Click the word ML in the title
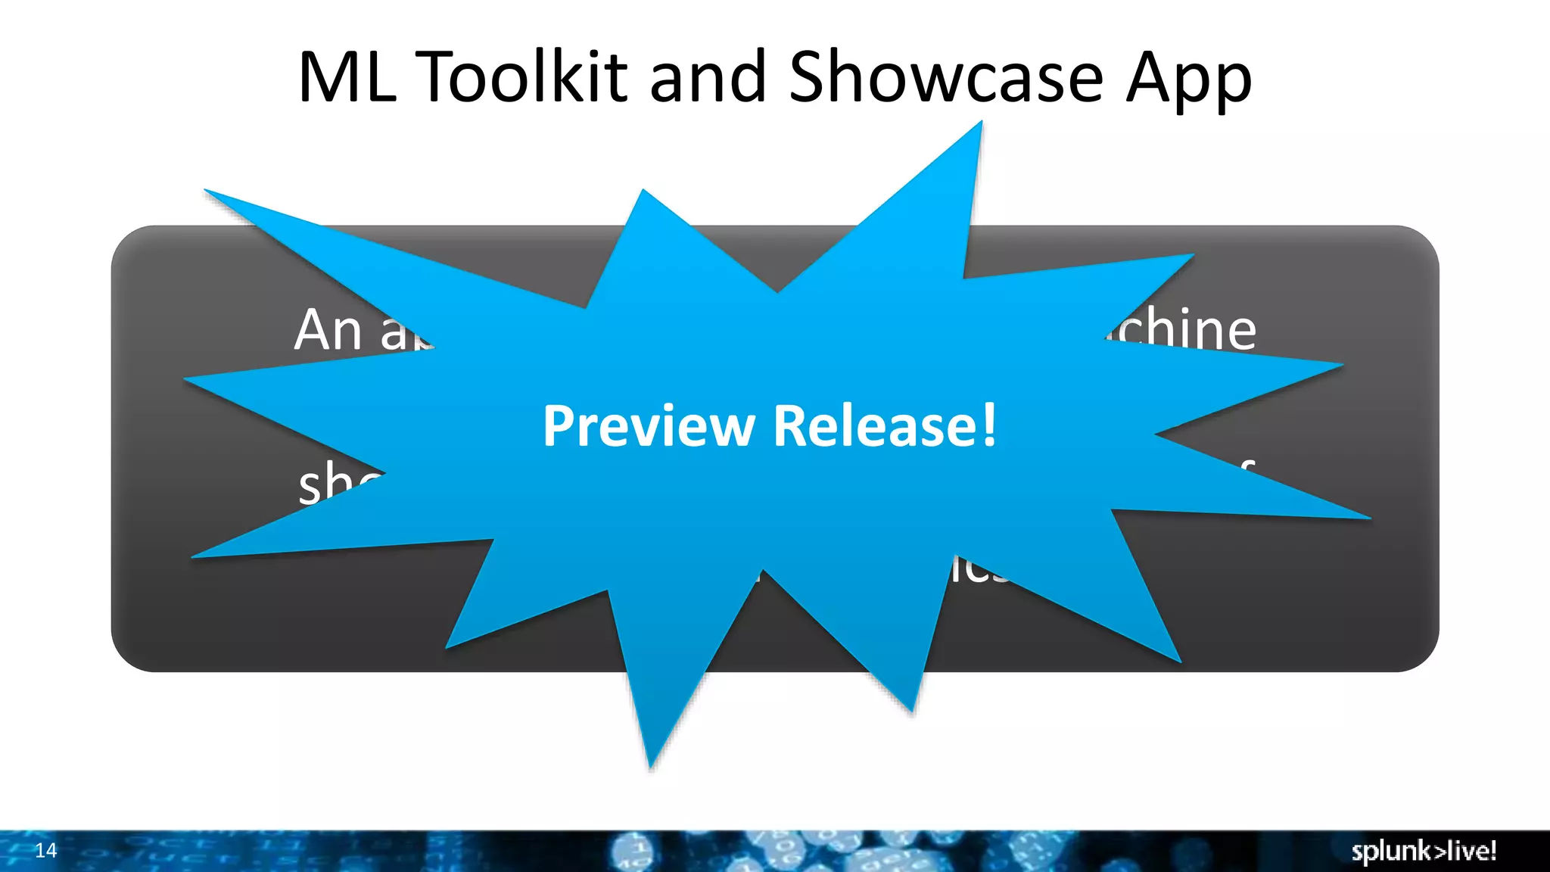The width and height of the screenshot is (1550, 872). point(347,77)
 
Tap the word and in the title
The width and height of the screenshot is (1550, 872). point(708,79)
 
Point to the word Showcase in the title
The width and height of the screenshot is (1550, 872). point(946,77)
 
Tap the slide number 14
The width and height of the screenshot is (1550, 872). point(46,850)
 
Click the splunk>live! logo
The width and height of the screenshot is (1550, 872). point(1424,851)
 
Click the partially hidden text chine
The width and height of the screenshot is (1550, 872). point(1184,330)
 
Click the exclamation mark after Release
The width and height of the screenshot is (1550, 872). point(989,425)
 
